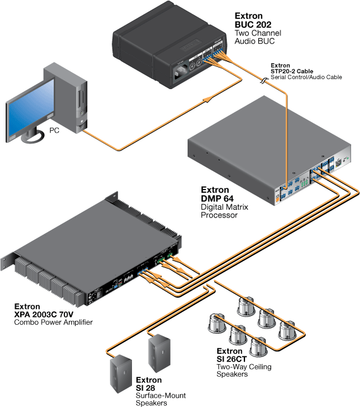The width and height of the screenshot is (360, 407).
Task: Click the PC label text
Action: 54,130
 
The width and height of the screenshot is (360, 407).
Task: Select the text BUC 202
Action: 253,25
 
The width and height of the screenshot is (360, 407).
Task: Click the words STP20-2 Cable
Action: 292,71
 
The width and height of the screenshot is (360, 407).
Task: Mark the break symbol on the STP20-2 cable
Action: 264,81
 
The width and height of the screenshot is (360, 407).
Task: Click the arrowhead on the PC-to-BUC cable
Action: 208,99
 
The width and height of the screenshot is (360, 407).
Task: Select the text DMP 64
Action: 217,198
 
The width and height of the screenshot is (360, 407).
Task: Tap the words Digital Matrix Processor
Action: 224,211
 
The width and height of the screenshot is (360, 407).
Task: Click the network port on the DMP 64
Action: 339,163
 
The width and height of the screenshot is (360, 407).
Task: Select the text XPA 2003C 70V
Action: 44,314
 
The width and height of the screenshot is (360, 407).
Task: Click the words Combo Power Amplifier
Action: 53,322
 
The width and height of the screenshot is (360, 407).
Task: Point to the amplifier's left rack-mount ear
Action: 7,262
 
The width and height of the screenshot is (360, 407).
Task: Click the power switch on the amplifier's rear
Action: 99,295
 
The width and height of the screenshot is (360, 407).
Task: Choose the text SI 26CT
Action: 232,359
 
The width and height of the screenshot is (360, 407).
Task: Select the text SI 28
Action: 145,388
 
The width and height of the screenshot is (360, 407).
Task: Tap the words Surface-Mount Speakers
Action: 161,399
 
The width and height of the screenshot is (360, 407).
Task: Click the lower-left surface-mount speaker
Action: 121,374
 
